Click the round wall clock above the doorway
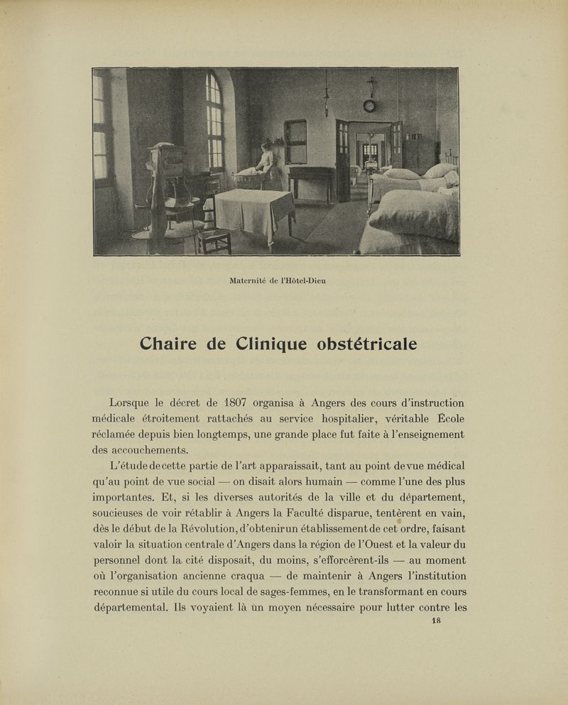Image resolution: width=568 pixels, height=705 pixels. (369, 106)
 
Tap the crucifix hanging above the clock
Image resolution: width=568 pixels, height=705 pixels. (370, 87)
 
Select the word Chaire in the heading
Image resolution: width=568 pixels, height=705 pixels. (170, 344)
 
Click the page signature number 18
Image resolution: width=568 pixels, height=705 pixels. (437, 620)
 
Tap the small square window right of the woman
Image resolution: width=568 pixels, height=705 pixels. (295, 141)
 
